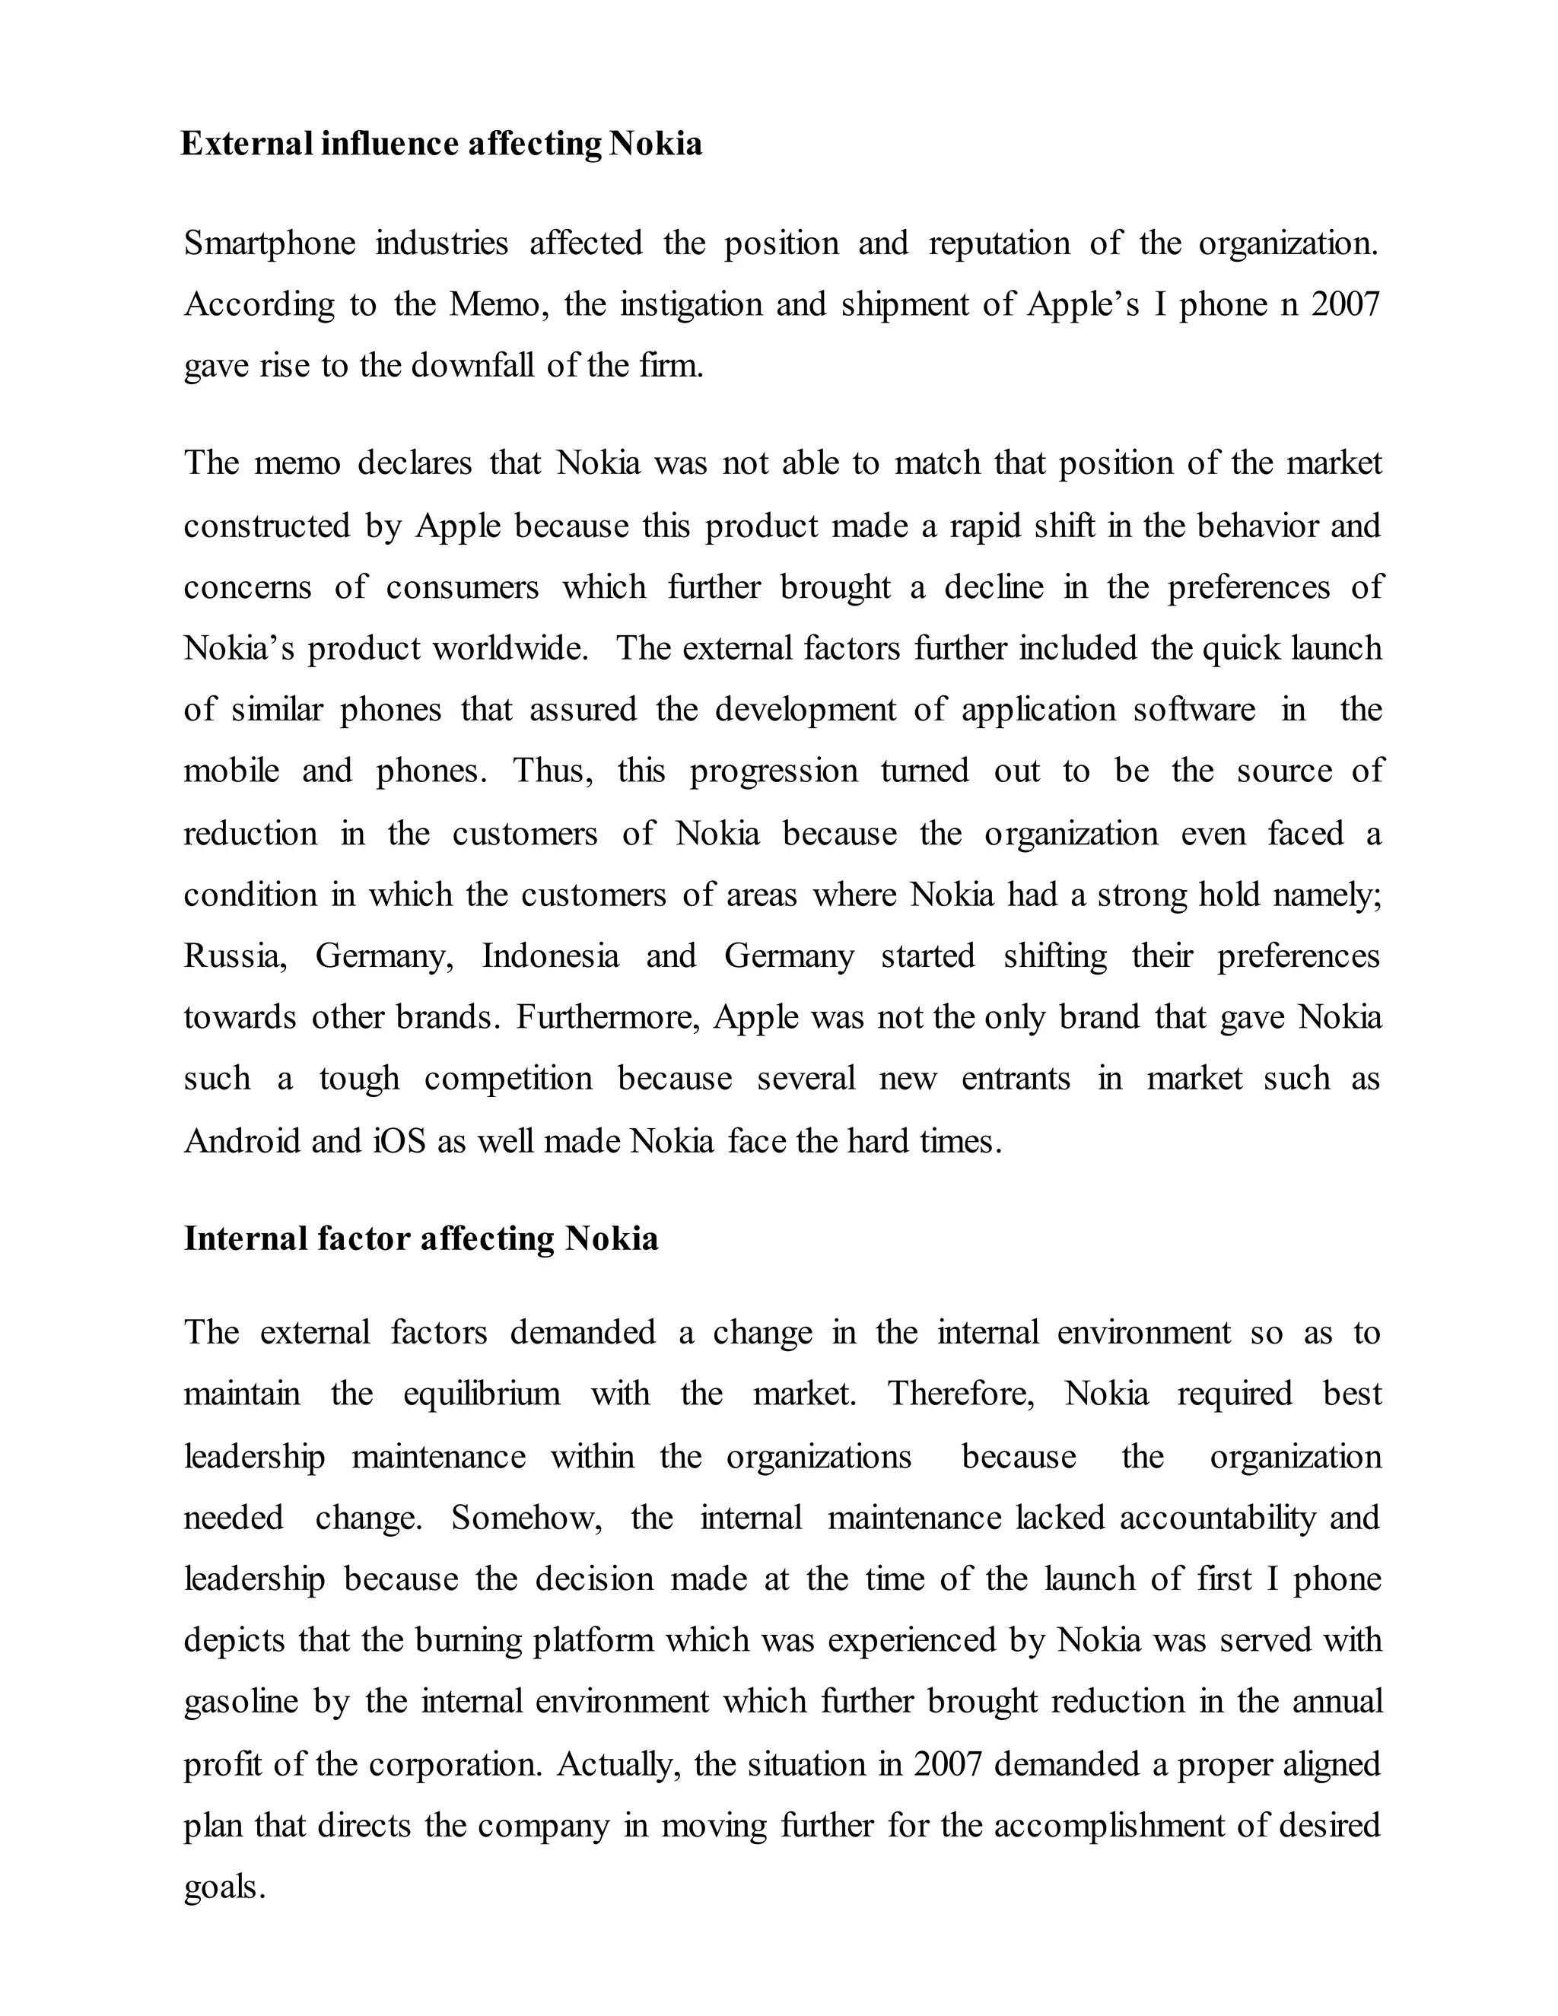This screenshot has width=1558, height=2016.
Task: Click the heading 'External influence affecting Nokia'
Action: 440,144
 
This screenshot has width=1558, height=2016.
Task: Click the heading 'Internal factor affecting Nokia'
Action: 421,1238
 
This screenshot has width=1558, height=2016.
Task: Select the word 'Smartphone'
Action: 269,243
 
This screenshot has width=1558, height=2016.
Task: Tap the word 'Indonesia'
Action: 550,956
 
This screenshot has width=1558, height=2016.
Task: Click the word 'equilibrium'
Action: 481,1393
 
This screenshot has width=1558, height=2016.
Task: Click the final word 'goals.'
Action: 224,1887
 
